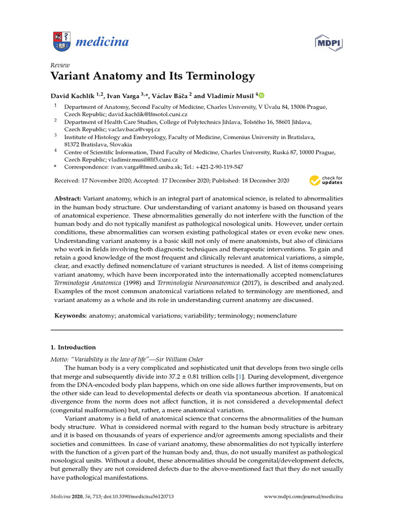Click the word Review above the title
(60, 65)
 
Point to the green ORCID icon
(261, 95)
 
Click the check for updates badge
(326, 180)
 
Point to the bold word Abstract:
(67, 198)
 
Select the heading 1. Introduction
(73, 347)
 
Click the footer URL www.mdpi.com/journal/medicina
(303, 497)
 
